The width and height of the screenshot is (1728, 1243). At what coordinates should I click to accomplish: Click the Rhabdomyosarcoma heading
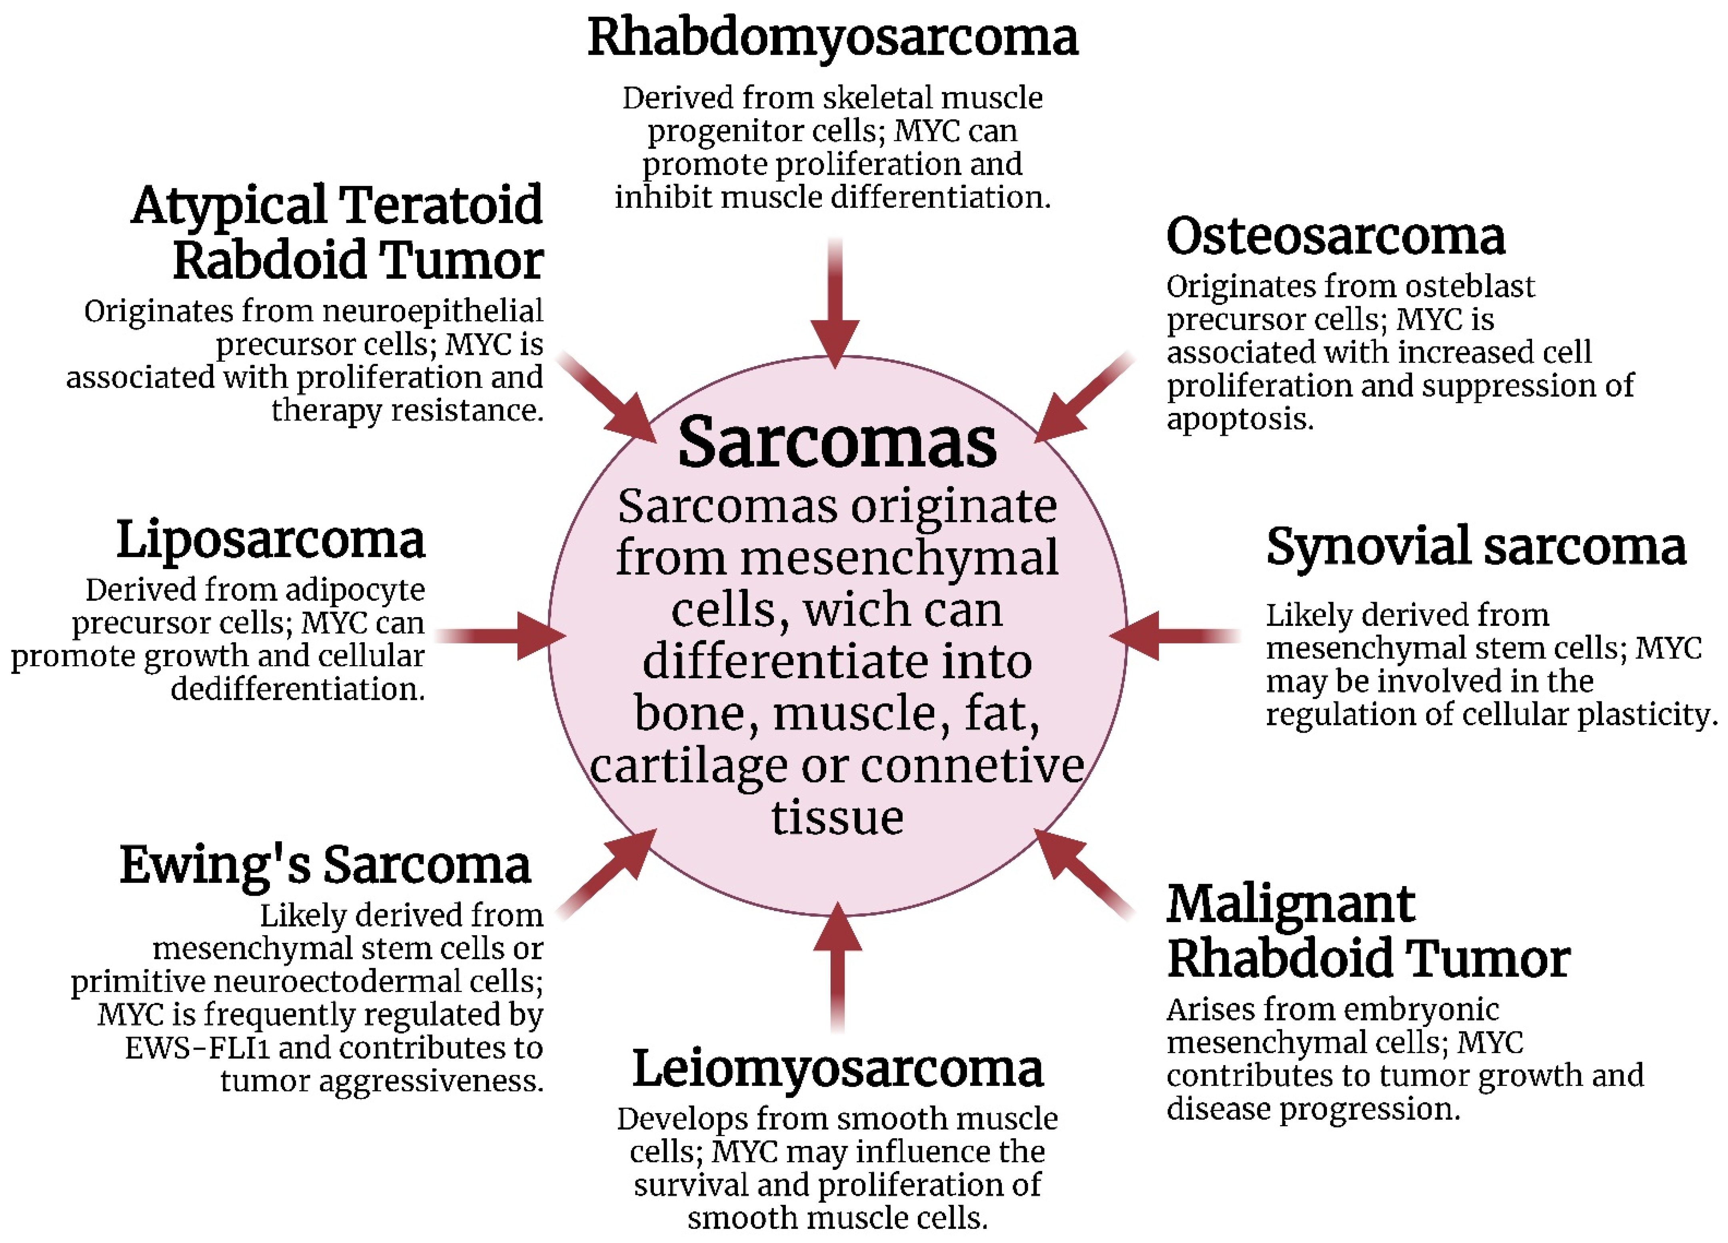point(832,38)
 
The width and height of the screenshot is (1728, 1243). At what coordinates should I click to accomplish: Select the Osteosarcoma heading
point(1335,237)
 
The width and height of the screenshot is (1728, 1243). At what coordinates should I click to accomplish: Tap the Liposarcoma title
point(270,541)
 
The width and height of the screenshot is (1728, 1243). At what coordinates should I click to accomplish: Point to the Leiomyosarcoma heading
point(837,1070)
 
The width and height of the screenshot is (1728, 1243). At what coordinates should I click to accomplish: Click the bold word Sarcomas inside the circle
point(837,443)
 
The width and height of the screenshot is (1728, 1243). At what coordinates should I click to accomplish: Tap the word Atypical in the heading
point(229,206)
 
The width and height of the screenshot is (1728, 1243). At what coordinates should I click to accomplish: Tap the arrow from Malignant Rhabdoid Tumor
point(1082,872)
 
